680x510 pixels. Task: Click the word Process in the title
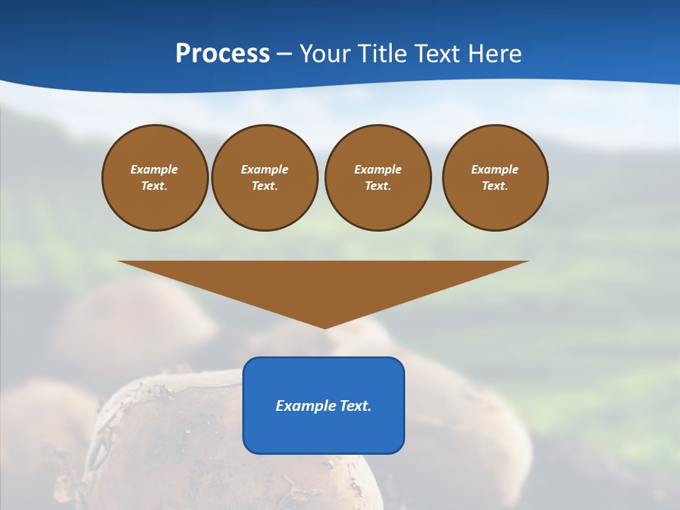coord(222,53)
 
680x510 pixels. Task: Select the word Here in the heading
coord(494,53)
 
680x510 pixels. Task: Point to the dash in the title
coord(285,54)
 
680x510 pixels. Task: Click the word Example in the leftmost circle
coord(154,169)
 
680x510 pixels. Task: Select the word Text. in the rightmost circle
coord(495,186)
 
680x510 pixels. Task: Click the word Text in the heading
coord(439,53)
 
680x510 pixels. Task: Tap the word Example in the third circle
coord(378,169)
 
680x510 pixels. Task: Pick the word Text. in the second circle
coord(265,186)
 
